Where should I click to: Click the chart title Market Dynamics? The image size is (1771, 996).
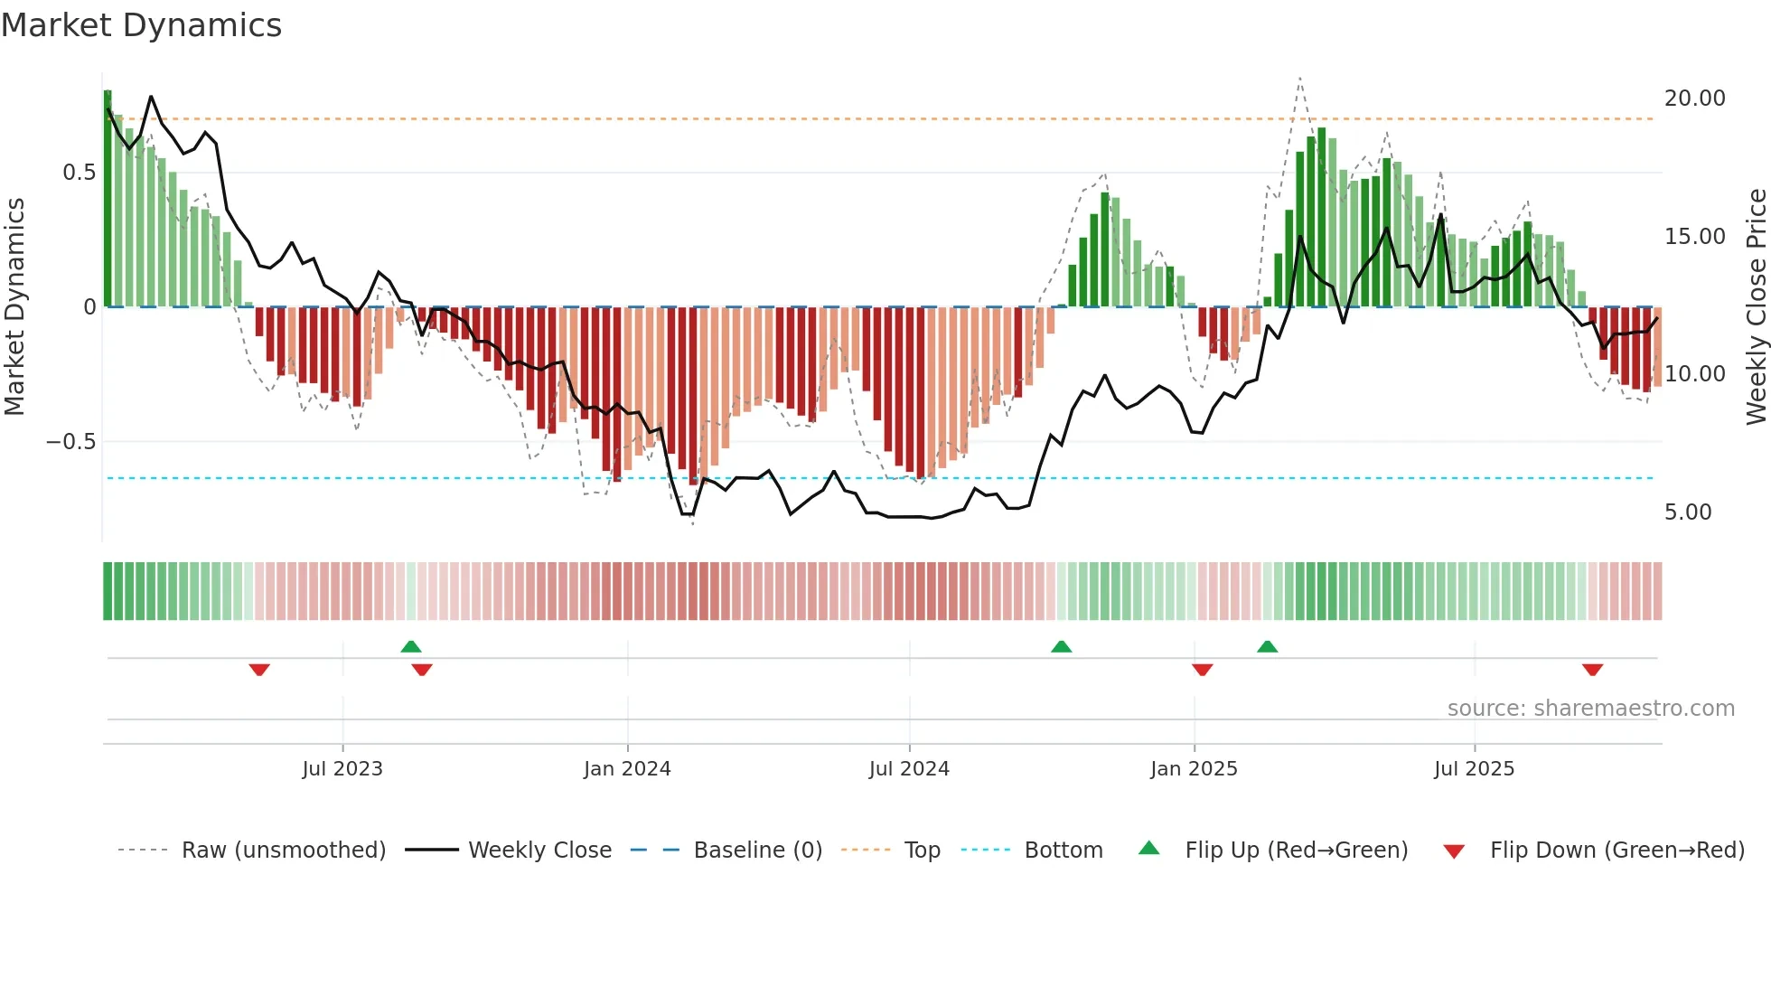click(x=142, y=25)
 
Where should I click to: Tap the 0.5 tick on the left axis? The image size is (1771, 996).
click(x=79, y=173)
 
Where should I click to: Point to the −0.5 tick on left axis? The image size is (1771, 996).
click(x=70, y=442)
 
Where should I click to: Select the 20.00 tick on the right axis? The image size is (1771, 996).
click(x=1694, y=99)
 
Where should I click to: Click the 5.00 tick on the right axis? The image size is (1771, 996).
click(x=1688, y=512)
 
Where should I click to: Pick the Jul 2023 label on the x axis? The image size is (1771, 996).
click(x=342, y=769)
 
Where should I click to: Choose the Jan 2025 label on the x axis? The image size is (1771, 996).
click(x=1194, y=769)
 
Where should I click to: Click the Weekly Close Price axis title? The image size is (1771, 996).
click(x=1756, y=306)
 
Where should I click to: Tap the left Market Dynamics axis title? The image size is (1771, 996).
click(x=14, y=306)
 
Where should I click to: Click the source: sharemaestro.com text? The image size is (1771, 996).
click(x=1590, y=709)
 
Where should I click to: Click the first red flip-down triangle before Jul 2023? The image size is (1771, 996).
click(x=259, y=670)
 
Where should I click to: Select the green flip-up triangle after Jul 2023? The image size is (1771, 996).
click(x=411, y=646)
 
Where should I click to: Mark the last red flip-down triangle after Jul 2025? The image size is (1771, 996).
click(x=1592, y=670)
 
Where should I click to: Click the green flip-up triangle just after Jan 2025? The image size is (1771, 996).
click(x=1267, y=646)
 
